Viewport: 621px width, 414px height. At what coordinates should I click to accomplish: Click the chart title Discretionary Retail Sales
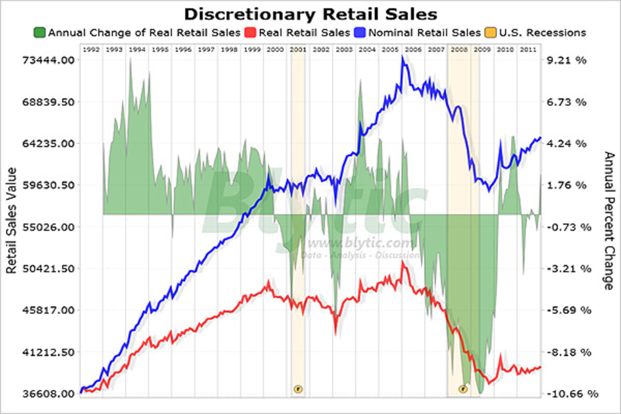click(x=310, y=13)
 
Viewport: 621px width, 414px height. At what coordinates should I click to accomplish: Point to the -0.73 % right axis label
click(x=569, y=227)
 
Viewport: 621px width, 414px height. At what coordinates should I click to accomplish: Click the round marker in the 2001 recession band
click(x=298, y=389)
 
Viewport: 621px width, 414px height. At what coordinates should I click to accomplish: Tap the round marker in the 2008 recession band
click(x=463, y=389)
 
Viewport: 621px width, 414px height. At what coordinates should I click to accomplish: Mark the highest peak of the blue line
click(x=402, y=57)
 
